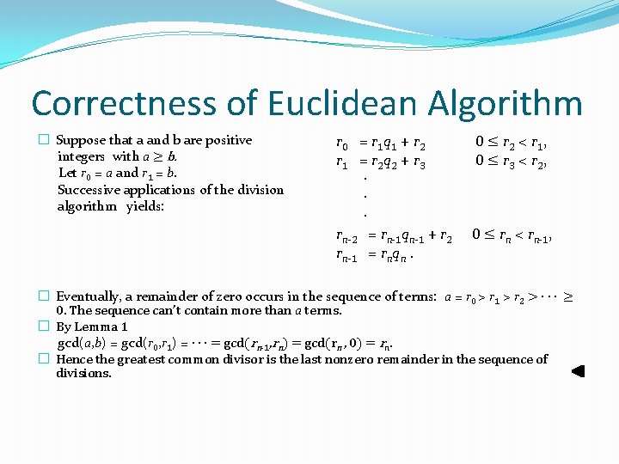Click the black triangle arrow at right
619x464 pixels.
pos(578,372)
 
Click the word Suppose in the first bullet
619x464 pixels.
pos(82,140)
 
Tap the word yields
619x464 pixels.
pos(146,206)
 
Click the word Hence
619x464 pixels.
pos(74,359)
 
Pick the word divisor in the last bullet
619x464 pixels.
pos(223,359)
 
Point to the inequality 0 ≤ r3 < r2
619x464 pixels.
pos(512,160)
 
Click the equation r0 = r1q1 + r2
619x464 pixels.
pos(380,143)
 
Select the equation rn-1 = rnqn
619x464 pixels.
pos(375,254)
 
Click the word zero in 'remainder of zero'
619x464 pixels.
pos(240,296)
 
